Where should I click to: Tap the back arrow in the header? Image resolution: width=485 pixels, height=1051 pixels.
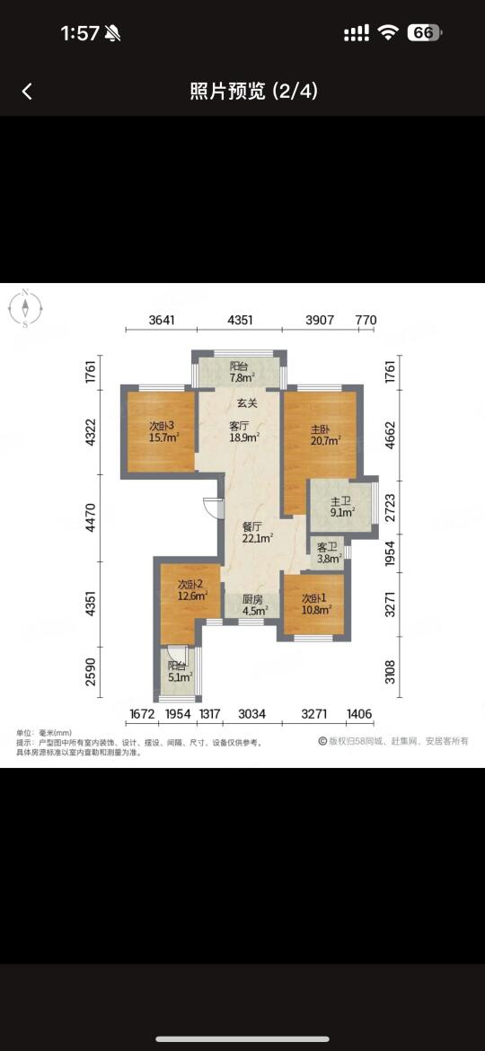click(27, 91)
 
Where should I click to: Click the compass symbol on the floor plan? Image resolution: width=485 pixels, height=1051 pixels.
click(25, 308)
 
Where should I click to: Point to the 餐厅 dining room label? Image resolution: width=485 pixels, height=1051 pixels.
click(252, 526)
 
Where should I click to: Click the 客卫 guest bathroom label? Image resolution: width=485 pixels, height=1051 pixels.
click(328, 545)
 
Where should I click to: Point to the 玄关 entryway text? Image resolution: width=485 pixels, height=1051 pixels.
click(242, 402)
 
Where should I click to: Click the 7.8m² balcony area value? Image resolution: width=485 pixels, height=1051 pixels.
click(242, 378)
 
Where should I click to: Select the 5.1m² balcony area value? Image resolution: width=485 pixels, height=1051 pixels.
click(181, 676)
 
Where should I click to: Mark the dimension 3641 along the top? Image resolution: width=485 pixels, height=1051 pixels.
click(162, 321)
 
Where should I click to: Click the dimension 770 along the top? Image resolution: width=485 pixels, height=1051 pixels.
click(366, 321)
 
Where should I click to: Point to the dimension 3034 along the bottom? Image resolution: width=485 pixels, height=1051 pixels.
click(251, 714)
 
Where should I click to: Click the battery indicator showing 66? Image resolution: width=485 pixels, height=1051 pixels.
click(424, 33)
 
